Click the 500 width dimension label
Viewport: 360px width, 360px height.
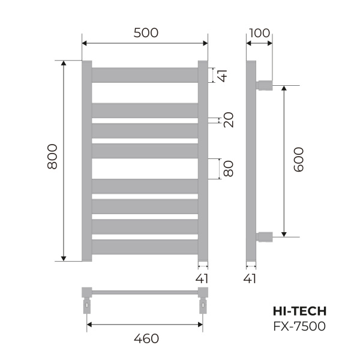pos(145,33)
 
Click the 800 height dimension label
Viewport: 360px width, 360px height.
pos(52,157)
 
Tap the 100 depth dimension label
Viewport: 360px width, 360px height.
pos(259,33)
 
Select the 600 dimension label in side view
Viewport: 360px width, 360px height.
pos(298,160)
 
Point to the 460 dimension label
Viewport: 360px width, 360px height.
pos(145,338)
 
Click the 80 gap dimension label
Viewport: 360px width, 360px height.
pos(228,168)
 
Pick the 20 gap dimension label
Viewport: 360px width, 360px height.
pos(228,120)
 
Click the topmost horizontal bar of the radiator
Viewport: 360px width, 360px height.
pos(145,74)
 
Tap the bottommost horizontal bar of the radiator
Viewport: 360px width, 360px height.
pos(145,247)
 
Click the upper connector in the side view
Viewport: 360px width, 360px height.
pos(265,84)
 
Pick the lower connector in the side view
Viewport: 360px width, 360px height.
pos(265,236)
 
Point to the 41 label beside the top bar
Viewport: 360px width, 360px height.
pos(223,76)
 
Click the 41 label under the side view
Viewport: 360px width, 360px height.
pos(251,278)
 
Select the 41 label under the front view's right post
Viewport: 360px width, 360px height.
pos(203,278)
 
